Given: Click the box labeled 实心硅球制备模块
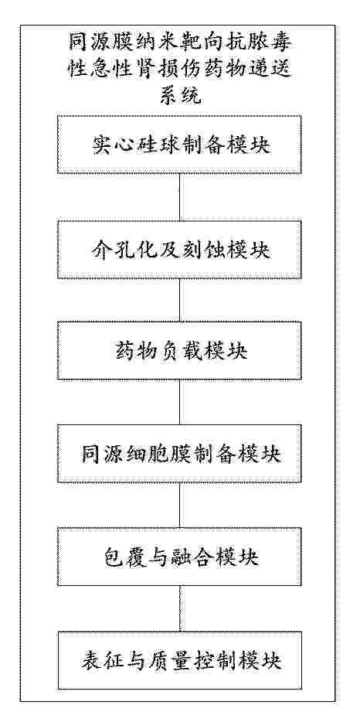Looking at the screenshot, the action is tap(179, 145).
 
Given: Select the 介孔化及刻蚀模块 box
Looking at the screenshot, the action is tap(179, 249).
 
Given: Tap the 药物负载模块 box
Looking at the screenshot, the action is tap(179, 351).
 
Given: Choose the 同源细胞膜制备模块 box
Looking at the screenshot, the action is tap(179, 454).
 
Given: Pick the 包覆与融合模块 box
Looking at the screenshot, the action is tap(179, 557).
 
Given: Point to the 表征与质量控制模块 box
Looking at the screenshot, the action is tap(179, 660).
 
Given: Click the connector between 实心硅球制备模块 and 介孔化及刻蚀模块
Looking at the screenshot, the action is tap(179, 197).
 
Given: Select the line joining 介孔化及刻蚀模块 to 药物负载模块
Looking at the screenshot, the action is tap(179, 300).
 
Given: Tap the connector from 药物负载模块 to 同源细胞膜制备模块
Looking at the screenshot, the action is tap(179, 403).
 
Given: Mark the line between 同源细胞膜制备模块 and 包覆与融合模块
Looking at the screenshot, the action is tap(179, 506).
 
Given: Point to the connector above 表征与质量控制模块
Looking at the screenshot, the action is tap(179, 608).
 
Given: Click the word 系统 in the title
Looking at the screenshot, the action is tap(179, 95).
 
